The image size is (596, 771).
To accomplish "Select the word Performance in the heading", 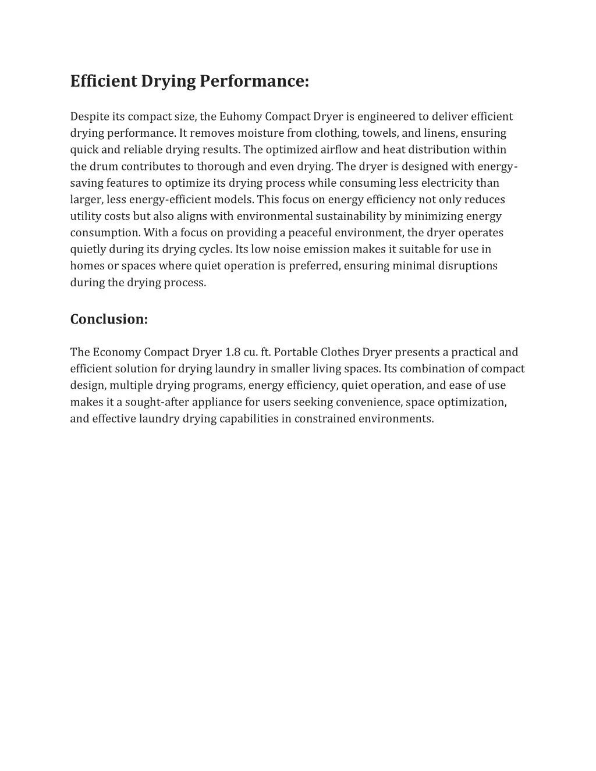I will tap(254, 81).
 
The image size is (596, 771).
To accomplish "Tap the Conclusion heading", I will tap(109, 319).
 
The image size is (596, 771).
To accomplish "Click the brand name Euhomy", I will tap(240, 117).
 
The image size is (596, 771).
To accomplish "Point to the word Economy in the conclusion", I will tap(117, 352).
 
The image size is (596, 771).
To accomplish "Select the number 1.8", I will tap(233, 352).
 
